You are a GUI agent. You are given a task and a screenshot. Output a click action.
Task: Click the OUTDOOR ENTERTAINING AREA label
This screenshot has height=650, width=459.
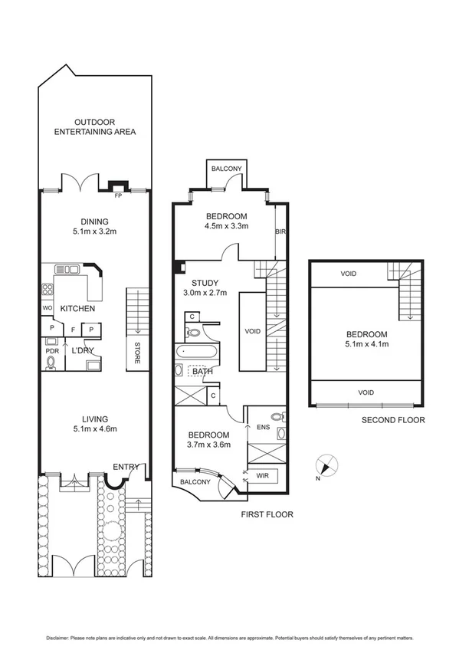click(95, 126)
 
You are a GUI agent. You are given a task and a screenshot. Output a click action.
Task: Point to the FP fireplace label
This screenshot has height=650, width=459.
click(117, 195)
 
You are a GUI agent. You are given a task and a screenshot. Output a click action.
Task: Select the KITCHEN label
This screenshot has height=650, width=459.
click(77, 309)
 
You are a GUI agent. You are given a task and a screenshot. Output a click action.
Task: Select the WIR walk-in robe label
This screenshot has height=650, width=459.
click(262, 476)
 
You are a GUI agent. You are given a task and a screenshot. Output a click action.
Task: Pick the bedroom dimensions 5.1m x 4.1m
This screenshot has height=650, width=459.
click(366, 345)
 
